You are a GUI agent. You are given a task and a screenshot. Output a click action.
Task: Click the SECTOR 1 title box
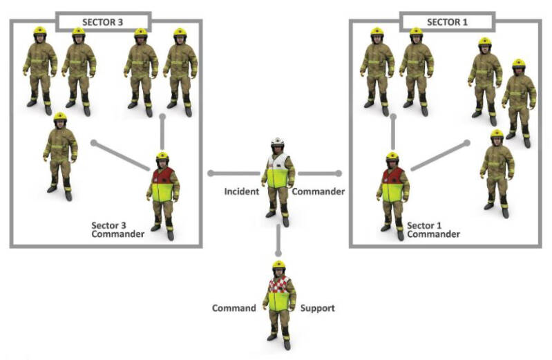coord(447,21)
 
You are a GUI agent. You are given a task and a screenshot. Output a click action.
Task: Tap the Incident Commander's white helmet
coord(277,143)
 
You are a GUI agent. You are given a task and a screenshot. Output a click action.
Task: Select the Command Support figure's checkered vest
coord(279,285)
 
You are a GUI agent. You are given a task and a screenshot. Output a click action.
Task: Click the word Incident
coord(242,191)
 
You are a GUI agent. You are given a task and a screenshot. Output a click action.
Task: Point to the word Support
coord(317,308)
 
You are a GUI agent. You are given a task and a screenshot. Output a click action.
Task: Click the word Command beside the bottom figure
coord(234,308)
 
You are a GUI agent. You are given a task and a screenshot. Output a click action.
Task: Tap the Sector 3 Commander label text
coord(117,229)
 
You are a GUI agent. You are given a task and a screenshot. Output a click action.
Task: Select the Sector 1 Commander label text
coord(433,229)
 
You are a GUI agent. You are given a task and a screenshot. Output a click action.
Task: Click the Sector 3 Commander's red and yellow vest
coord(162,182)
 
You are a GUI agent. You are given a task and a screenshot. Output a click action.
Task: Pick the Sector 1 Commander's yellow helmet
coord(392,157)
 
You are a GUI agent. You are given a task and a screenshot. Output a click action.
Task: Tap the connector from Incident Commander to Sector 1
coord(318,173)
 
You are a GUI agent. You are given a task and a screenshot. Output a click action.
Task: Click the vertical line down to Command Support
coord(278,238)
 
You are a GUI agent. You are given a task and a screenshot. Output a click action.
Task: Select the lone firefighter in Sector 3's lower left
coord(60,155)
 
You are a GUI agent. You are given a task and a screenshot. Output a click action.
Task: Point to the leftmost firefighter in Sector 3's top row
coord(40,69)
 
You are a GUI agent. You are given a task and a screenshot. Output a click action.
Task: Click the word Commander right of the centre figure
coord(317,191)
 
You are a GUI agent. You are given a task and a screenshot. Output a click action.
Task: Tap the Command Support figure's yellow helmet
coord(278,265)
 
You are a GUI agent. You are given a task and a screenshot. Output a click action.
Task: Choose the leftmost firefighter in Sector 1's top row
coord(377,69)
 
